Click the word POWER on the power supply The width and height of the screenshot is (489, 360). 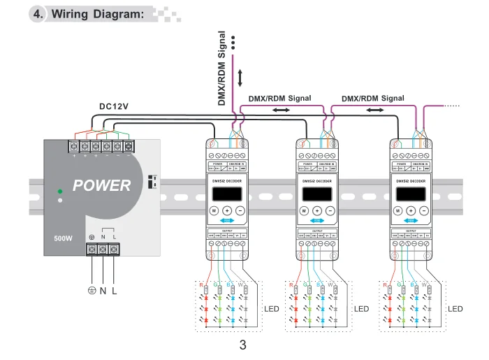coord(102,185)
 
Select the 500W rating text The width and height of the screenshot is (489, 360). coord(63,238)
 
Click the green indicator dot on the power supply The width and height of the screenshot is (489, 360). coord(61,189)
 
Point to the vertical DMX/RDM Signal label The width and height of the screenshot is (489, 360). coord(222,69)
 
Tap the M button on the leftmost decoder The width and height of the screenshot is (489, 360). coord(214,210)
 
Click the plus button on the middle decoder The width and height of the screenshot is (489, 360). coord(316,210)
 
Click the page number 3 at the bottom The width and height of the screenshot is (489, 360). coord(243,345)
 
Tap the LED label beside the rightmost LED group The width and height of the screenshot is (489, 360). coord(455,308)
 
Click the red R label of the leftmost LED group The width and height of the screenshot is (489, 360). coord(201,285)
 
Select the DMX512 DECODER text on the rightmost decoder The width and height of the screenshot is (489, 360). coord(411,180)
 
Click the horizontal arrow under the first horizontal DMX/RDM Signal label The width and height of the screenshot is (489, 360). coord(279,110)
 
